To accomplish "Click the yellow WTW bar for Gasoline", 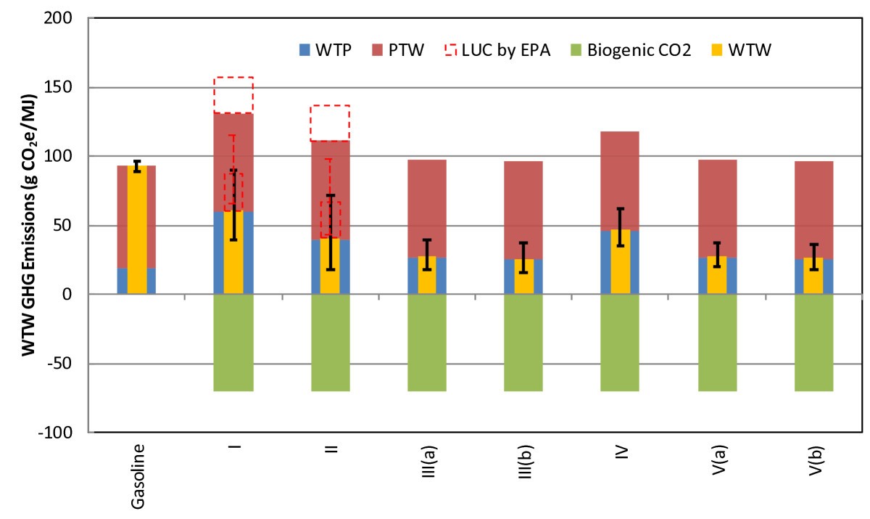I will click(x=137, y=232).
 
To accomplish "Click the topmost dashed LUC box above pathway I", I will click(x=233, y=95).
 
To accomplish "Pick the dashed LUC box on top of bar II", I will click(x=330, y=123).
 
